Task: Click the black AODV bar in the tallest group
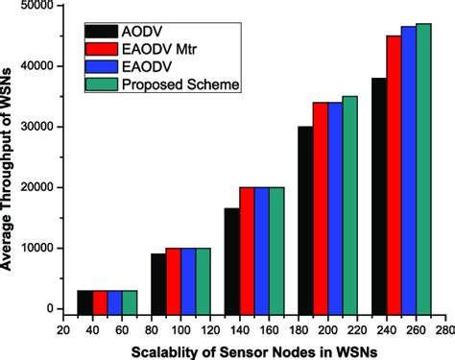tap(378, 192)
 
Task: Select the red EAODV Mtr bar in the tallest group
tap(394, 173)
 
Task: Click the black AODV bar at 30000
tap(304, 217)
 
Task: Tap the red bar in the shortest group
tap(100, 299)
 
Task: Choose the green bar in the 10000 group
tap(203, 277)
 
